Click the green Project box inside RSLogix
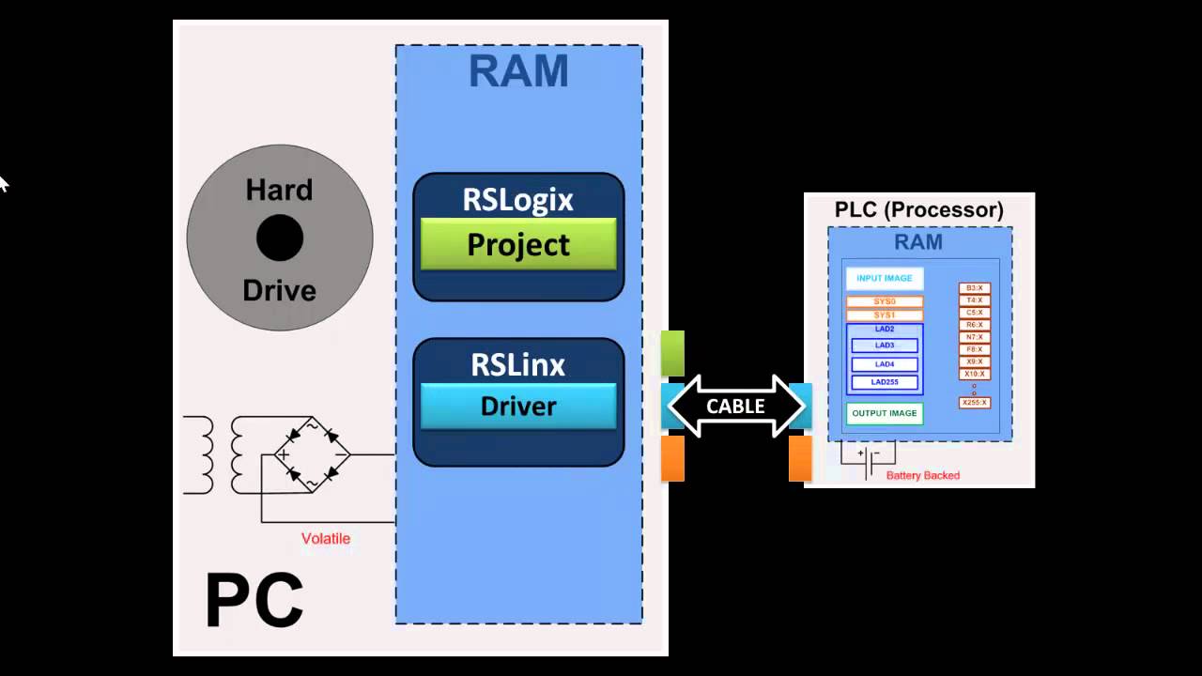(518, 244)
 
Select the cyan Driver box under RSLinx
(518, 406)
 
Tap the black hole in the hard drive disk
(280, 238)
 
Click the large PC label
(254, 601)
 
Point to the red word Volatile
(325, 539)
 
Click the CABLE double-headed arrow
(735, 407)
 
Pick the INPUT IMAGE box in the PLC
(884, 279)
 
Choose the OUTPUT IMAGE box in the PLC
(884, 414)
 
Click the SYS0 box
(884, 302)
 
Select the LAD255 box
(884, 382)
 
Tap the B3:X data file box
(975, 288)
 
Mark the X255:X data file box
(975, 403)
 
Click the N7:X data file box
(975, 337)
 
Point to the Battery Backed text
(922, 476)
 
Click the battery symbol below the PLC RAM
(868, 459)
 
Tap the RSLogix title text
(518, 199)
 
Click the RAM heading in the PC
(518, 72)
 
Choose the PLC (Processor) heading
(918, 209)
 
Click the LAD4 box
(884, 364)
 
